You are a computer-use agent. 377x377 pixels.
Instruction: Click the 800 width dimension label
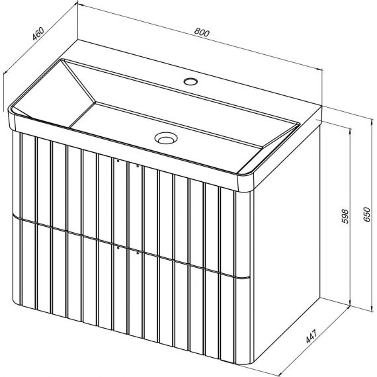pos(202,32)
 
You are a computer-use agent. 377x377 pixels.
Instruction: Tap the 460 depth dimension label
pos(38,34)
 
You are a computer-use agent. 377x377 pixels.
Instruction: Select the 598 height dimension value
pos(345,216)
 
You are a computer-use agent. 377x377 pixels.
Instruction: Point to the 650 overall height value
pos(366,214)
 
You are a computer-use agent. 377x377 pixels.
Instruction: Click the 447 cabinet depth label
pos(312,336)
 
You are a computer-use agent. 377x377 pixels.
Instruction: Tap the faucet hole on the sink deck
pos(190,81)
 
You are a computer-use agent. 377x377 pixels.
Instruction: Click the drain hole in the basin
pos(166,138)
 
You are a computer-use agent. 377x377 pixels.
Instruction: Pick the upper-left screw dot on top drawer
pos(118,161)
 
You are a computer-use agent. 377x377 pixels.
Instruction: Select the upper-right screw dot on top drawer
pos(138,166)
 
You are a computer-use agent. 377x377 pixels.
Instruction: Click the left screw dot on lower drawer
pos(118,247)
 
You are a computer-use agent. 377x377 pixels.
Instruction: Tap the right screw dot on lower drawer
pos(138,253)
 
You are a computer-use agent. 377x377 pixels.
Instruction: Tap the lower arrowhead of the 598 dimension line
pos(350,304)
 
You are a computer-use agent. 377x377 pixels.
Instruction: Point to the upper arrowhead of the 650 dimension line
pos(370,120)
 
